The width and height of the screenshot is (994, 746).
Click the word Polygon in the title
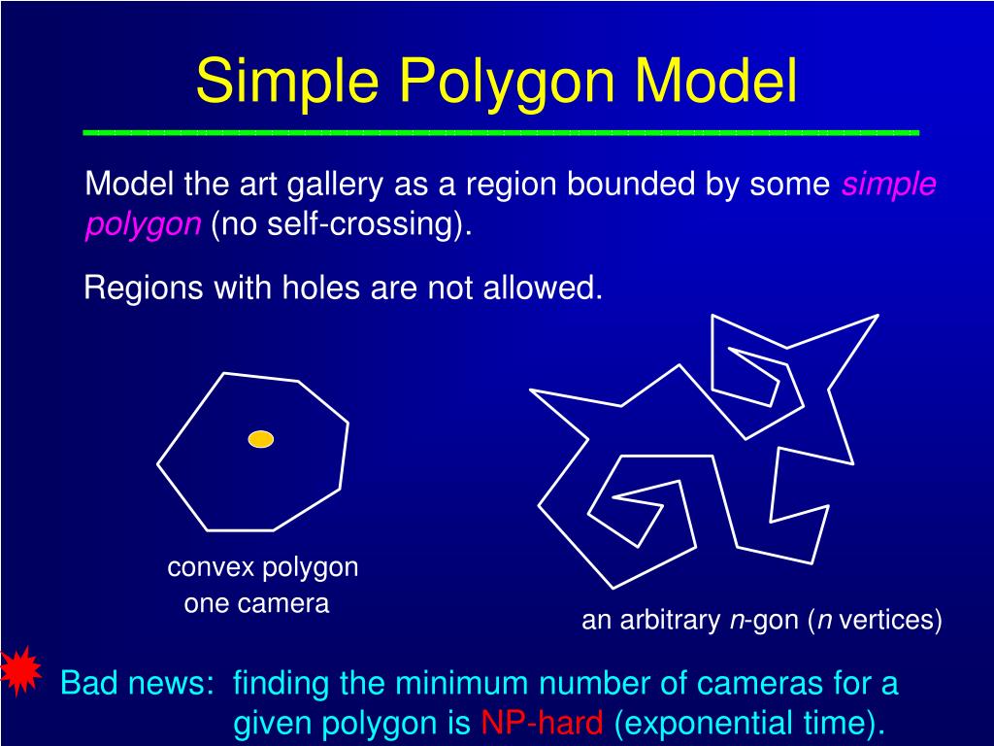point(509,83)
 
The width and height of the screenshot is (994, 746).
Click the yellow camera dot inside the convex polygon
point(261,439)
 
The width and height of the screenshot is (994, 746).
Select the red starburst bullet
point(18,670)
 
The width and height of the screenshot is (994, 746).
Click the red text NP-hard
point(543,723)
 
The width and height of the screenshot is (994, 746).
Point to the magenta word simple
point(888,184)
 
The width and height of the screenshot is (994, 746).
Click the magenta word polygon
point(143,225)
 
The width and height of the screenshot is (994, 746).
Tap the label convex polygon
point(263,567)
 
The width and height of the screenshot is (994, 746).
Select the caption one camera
point(257,604)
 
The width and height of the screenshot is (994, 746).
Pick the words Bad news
point(136,684)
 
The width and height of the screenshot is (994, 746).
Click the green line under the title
point(501,131)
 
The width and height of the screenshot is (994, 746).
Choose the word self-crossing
point(374,224)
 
